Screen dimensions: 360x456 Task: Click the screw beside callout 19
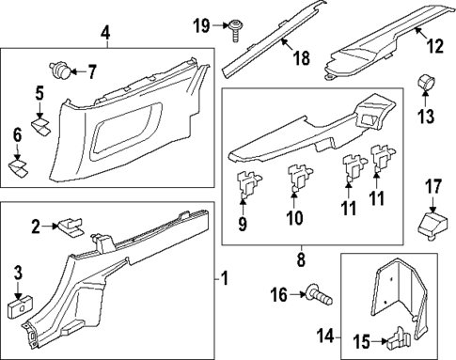tap(233, 32)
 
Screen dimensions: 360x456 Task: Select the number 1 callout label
tap(223, 278)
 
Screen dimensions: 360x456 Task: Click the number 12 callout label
tap(433, 44)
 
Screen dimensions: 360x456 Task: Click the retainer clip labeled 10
tap(296, 179)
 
